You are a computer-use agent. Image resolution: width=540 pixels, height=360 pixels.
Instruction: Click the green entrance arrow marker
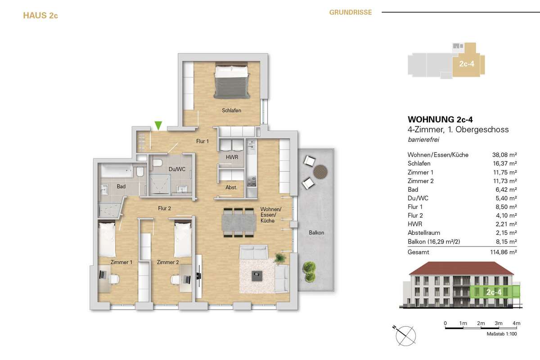coord(158,126)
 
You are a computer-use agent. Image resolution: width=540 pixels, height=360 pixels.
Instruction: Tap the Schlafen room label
coord(231,110)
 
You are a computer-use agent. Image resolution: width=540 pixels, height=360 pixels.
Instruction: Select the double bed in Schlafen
coord(232,80)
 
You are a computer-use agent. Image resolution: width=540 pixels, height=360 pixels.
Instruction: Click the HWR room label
coord(232,157)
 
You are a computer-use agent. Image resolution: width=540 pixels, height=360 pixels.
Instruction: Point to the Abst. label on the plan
coord(231,187)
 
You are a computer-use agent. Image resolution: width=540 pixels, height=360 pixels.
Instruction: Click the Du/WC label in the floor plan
coord(177,169)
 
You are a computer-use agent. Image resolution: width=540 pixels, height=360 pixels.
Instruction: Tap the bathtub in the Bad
coord(117,171)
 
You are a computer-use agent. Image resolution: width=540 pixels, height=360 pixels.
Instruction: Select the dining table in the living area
coord(239,222)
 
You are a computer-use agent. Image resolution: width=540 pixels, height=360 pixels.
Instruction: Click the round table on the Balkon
coord(320,172)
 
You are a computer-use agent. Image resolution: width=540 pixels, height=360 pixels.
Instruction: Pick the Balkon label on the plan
coord(316,233)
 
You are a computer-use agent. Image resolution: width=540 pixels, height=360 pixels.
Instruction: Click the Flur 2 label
coord(164,208)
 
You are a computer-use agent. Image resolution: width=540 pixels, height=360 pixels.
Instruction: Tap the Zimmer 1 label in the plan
coord(121,262)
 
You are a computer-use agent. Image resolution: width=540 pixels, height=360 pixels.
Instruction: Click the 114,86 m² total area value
coord(504,252)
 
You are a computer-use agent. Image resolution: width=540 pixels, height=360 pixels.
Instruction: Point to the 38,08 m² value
coord(504,155)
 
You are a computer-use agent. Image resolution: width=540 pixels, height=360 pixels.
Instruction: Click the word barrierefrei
coord(423,139)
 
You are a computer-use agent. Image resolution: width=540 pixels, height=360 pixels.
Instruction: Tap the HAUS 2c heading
coord(40,15)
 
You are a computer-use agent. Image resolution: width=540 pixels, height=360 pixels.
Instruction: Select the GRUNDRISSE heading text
coord(351,12)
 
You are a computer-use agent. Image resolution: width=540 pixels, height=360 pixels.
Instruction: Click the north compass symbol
coord(405,335)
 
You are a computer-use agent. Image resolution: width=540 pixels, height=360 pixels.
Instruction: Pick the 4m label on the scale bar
coord(517,323)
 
